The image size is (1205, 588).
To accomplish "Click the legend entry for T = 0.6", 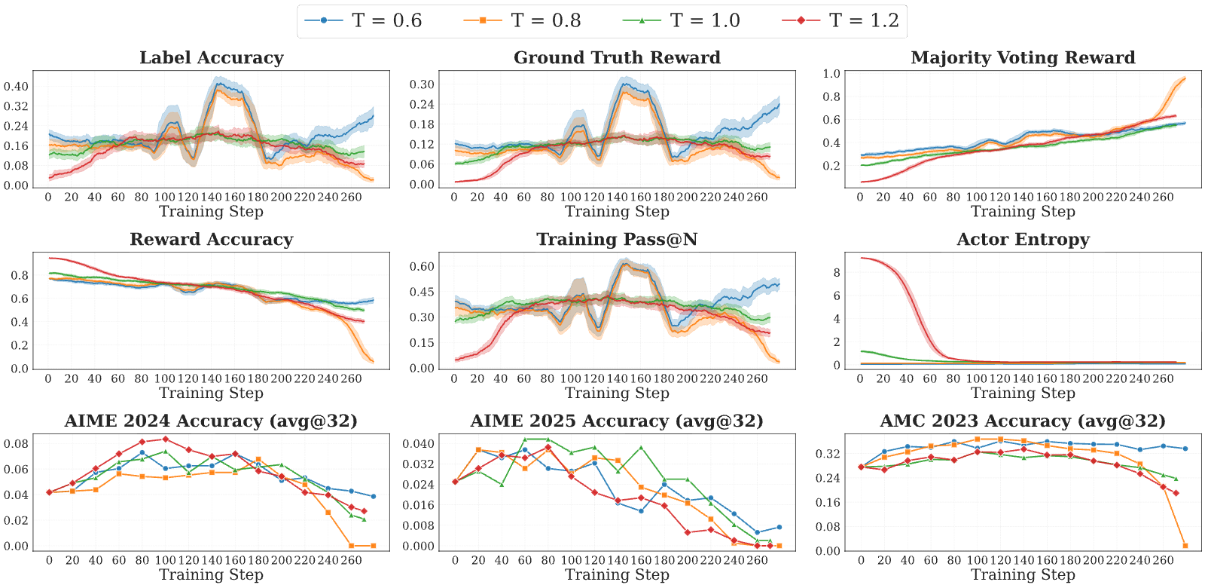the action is pyautogui.click(x=363, y=20).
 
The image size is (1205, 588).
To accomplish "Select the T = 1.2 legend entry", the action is pyautogui.click(x=840, y=20).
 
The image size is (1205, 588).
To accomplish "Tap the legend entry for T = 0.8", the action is pyautogui.click(x=522, y=20).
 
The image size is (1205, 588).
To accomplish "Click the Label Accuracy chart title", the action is pyautogui.click(x=212, y=57).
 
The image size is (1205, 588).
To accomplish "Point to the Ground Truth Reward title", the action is pyautogui.click(x=617, y=57).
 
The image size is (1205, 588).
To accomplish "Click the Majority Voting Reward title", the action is pyautogui.click(x=1023, y=57).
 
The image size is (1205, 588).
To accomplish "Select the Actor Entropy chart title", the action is pyautogui.click(x=1023, y=239).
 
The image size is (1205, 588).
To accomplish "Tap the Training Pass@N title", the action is pyautogui.click(x=617, y=239).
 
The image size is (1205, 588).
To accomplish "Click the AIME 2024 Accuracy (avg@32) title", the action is pyautogui.click(x=212, y=421).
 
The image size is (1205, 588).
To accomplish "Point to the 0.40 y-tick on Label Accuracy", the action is pyautogui.click(x=16, y=86).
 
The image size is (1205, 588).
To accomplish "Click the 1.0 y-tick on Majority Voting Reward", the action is pyautogui.click(x=831, y=74).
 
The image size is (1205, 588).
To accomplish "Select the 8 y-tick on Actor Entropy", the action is pyautogui.click(x=837, y=272).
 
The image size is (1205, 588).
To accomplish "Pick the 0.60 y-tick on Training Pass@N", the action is pyautogui.click(x=422, y=267).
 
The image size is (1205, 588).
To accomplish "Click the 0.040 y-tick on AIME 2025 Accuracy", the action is pyautogui.click(x=418, y=444).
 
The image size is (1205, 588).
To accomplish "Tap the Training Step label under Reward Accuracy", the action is pyautogui.click(x=212, y=393).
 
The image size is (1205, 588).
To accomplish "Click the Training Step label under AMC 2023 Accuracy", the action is pyautogui.click(x=1023, y=574).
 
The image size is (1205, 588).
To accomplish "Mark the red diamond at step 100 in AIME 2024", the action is pyautogui.click(x=166, y=439).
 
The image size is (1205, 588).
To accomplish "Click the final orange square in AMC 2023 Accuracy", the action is pyautogui.click(x=1185, y=546).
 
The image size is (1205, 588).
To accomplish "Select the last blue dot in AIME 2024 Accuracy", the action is pyautogui.click(x=374, y=497).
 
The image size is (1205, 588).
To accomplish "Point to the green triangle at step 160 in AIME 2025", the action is pyautogui.click(x=641, y=448).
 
